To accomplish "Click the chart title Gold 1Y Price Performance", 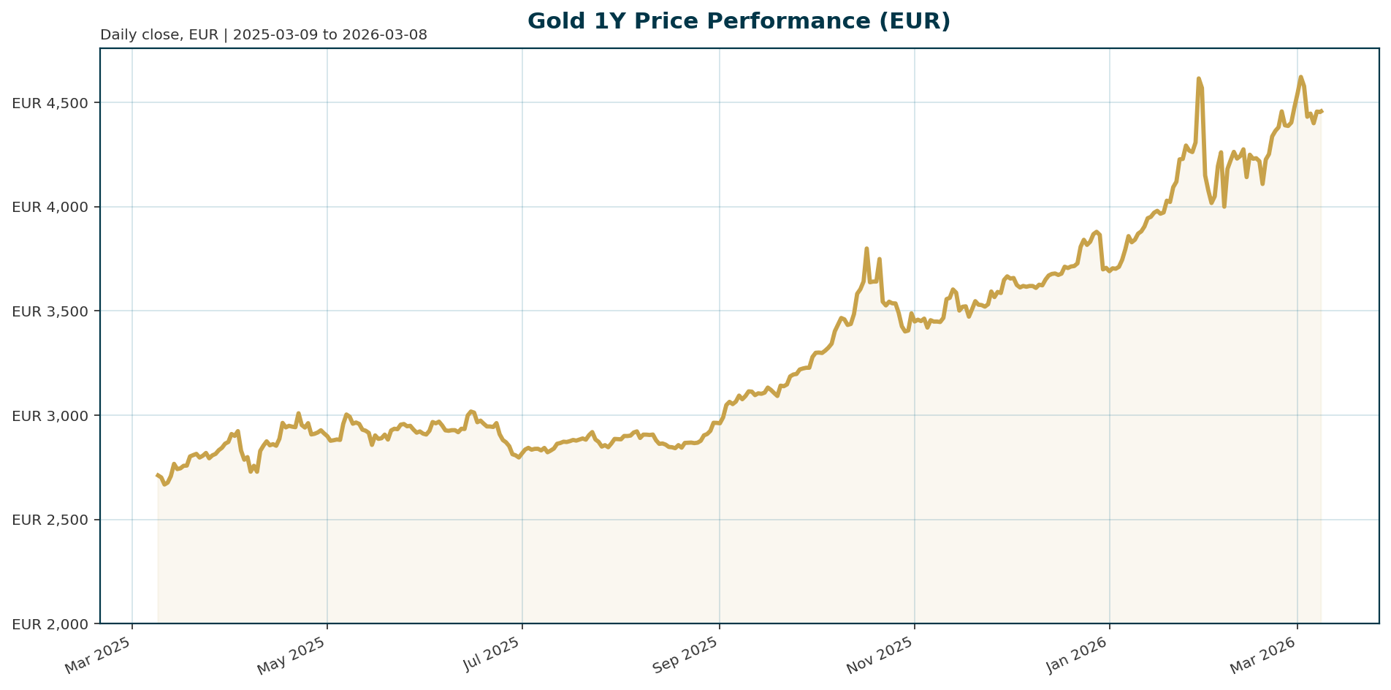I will tap(739, 21).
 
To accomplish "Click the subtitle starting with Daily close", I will tap(263, 35).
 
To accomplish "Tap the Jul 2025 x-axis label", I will tap(493, 655).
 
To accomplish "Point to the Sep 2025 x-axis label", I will tap(687, 655).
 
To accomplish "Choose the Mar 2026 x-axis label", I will tap(1265, 655).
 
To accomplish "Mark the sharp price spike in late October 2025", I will tap(866, 249).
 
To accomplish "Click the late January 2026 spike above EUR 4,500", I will tap(1199, 78).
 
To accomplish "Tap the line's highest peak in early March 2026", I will tap(1300, 77).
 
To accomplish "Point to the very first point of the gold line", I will tap(158, 475).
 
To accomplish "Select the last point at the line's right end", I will tap(1322, 111).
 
